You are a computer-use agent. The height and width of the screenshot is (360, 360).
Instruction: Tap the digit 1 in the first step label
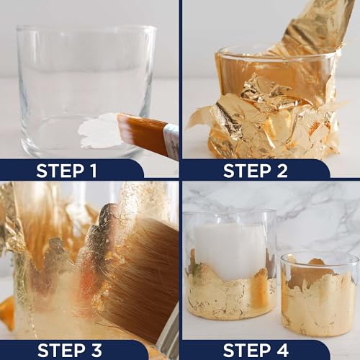click(93, 171)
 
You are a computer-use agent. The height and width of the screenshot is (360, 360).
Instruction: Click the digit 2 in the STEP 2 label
click(282, 171)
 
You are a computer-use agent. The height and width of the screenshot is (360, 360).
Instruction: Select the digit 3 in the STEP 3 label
click(96, 350)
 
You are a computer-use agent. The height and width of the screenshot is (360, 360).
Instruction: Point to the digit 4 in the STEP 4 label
click(282, 350)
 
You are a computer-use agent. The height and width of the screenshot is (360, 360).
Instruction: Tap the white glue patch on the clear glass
click(99, 132)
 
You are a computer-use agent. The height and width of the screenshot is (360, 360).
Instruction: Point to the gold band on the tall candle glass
click(230, 297)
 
